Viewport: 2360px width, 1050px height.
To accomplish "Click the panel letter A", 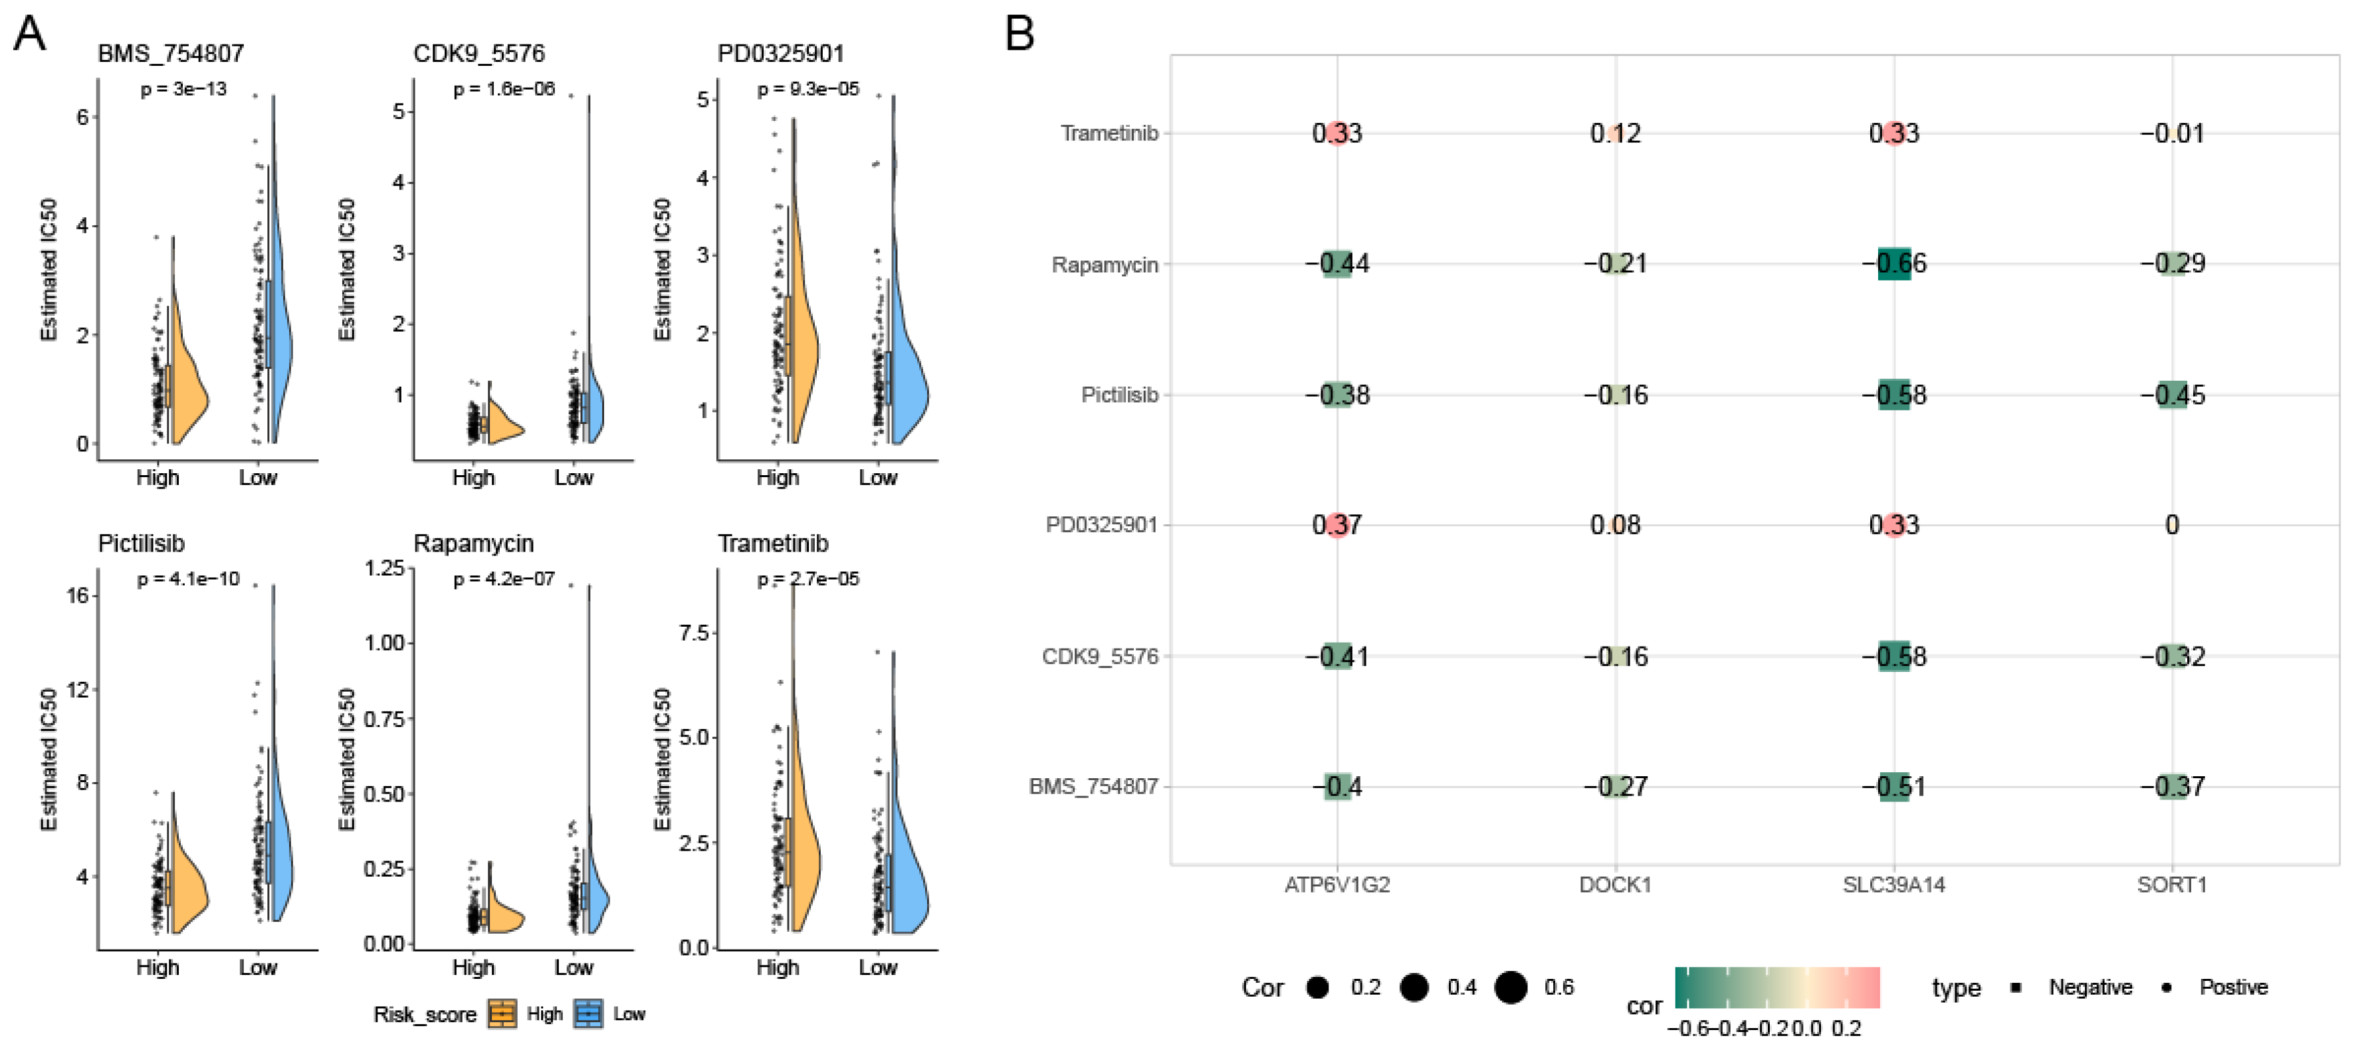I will click(29, 35).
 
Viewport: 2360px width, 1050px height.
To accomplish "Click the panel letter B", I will click(1019, 35).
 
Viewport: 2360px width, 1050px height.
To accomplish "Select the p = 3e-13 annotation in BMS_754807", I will click(183, 90).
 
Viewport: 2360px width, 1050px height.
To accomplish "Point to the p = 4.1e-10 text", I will click(188, 579).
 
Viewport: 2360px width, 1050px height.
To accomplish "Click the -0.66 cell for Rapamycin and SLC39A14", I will click(1893, 264).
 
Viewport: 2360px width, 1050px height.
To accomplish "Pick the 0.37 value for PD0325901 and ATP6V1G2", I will click(1337, 525).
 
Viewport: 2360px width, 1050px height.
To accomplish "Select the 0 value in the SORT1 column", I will click(2171, 525).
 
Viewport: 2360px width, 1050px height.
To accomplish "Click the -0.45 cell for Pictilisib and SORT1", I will click(2171, 395).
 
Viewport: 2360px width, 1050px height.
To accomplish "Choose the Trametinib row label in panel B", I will click(1109, 134).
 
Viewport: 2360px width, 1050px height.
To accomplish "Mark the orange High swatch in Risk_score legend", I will click(502, 1013).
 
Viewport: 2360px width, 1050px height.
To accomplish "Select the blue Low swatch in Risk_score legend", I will click(588, 1013).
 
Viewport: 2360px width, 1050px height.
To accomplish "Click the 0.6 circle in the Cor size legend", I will click(1511, 988).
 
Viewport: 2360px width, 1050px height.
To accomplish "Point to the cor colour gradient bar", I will click(1776, 988).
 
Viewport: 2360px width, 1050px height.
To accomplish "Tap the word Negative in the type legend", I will click(2090, 988).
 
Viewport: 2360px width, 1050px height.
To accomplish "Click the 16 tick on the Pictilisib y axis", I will click(78, 595).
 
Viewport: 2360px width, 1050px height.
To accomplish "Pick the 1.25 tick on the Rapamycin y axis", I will click(384, 568).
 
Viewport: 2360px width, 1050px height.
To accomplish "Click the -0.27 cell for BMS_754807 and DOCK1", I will click(1615, 786).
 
